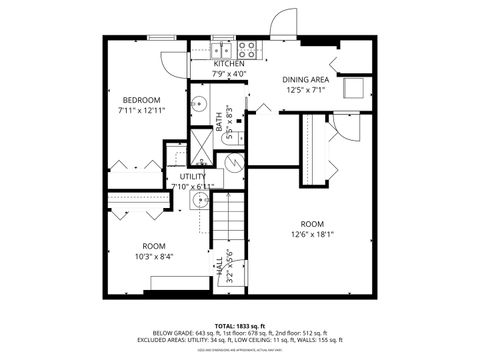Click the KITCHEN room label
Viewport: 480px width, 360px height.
point(229,64)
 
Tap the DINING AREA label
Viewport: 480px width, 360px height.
point(305,80)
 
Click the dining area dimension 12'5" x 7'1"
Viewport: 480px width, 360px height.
point(305,91)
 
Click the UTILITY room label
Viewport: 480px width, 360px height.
point(193,177)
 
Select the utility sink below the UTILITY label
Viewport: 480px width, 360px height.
point(197,202)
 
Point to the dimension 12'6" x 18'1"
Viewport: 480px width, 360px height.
point(312,235)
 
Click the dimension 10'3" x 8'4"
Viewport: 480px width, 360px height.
point(153,256)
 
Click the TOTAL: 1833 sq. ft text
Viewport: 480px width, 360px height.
point(239,326)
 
